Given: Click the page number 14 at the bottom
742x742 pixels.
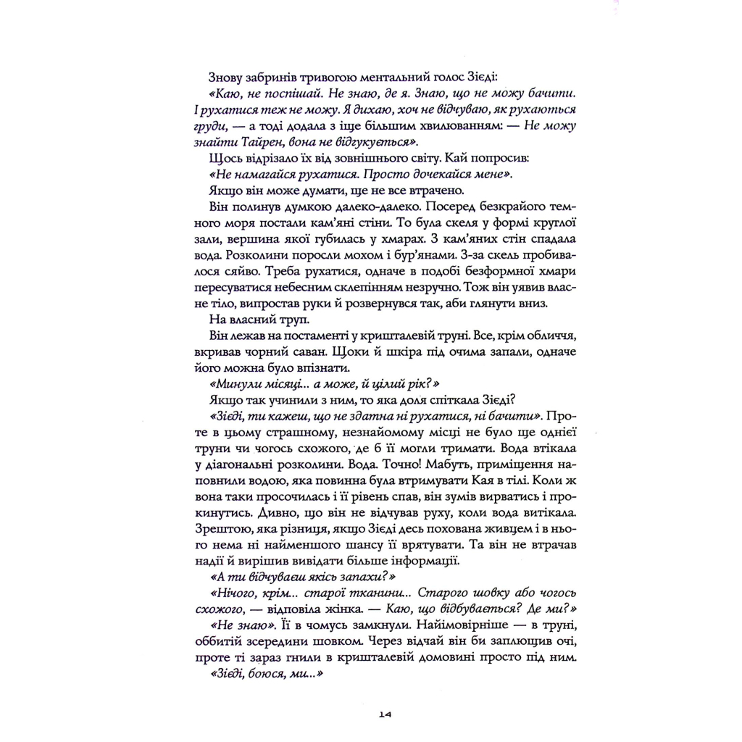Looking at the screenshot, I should point(384,715).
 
